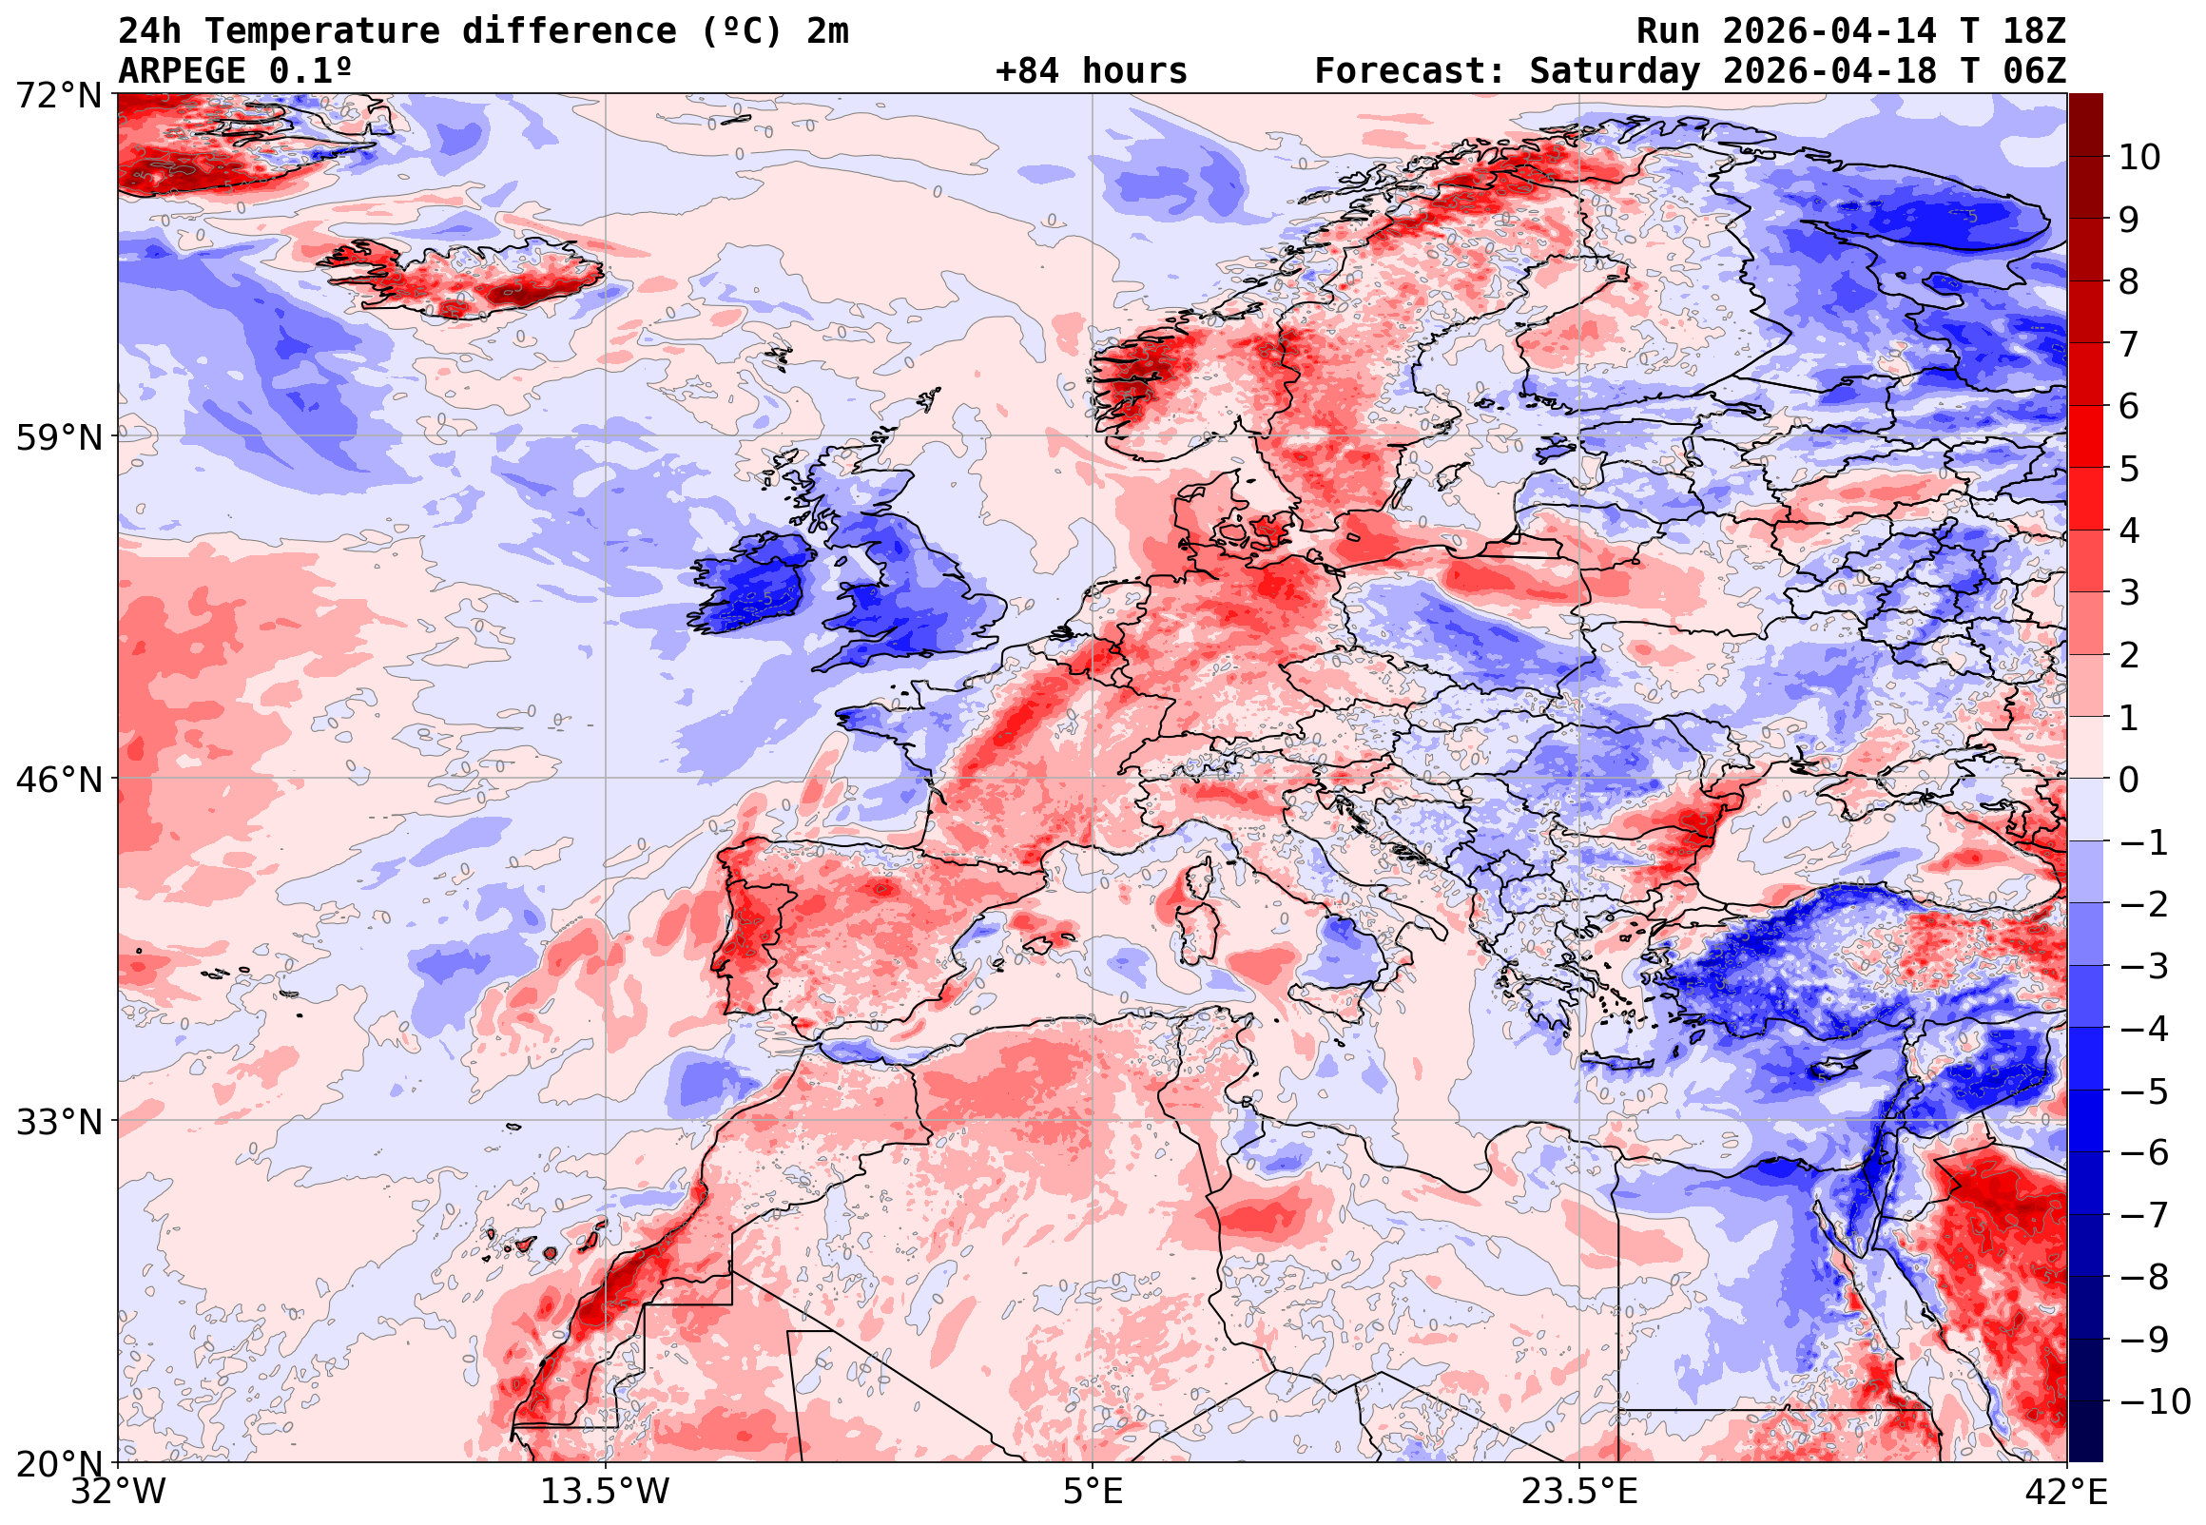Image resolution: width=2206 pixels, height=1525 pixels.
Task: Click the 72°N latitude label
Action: click(x=58, y=96)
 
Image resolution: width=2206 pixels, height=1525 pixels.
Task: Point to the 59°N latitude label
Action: click(x=58, y=437)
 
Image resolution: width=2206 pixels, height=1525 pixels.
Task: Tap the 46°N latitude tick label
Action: click(x=58, y=780)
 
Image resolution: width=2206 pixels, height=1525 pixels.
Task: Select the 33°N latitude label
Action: click(x=58, y=1121)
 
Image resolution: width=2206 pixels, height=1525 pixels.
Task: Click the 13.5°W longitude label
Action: click(x=606, y=1492)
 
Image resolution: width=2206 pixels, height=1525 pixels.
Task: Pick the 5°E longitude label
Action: click(x=1093, y=1492)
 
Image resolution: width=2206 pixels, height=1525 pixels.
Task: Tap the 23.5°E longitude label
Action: click(x=1579, y=1492)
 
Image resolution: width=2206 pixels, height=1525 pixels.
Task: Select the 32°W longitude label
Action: click(x=119, y=1492)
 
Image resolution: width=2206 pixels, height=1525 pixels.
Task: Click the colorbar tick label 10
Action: click(x=2139, y=157)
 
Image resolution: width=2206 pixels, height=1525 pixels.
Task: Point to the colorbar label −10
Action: click(x=2156, y=1401)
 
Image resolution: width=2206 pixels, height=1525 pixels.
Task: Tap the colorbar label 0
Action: click(x=2129, y=780)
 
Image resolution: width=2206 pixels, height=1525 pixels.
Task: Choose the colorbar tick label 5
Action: click(x=2129, y=469)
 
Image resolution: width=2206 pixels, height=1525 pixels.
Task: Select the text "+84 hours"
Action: click(x=1091, y=71)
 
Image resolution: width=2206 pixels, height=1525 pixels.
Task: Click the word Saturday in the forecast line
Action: click(x=1615, y=71)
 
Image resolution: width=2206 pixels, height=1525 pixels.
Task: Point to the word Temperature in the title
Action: click(x=322, y=31)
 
